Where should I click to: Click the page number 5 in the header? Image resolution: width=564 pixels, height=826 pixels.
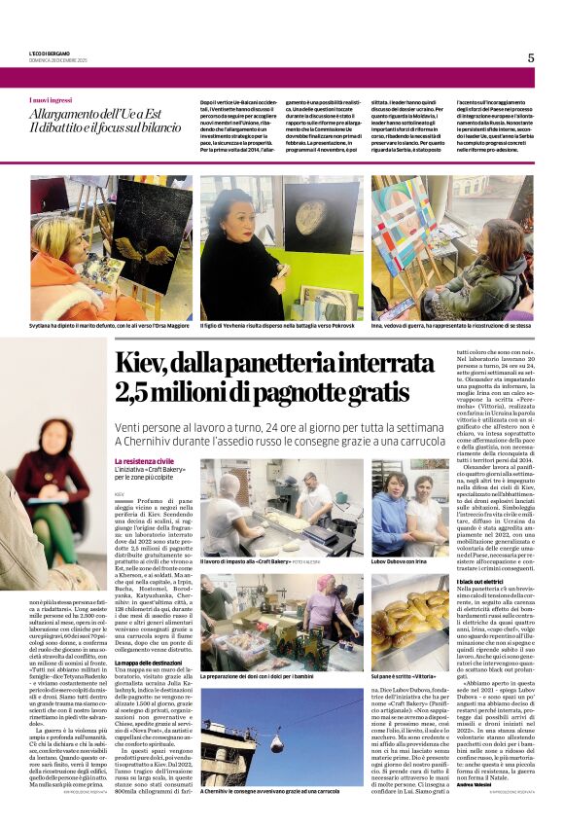click(531, 57)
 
